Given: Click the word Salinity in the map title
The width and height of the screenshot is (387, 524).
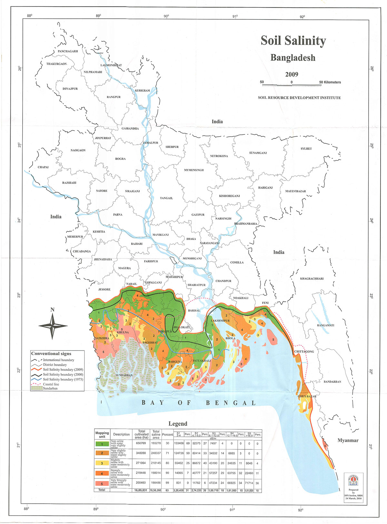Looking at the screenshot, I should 307,41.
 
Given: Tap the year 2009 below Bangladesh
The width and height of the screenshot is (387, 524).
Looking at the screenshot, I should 292,74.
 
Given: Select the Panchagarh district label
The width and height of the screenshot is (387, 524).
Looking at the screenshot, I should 68,51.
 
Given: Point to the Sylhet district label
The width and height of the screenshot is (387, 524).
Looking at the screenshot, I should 306,149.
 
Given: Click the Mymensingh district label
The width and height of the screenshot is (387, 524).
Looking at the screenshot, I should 194,170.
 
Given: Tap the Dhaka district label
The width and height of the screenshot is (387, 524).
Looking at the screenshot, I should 191,239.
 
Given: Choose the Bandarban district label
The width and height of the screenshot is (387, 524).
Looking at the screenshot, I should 332,382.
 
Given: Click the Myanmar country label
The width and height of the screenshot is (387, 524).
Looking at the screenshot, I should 348,440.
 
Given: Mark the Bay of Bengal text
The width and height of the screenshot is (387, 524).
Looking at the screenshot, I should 199,403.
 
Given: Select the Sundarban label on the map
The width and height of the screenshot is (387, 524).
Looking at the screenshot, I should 124,375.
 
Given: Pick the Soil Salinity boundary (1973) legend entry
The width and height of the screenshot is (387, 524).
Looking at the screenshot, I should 63,379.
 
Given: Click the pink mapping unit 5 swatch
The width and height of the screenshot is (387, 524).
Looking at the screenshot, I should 102,483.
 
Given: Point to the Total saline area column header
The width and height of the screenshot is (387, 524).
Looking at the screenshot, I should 156,434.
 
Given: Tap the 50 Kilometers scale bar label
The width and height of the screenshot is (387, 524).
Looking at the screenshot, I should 330,82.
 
